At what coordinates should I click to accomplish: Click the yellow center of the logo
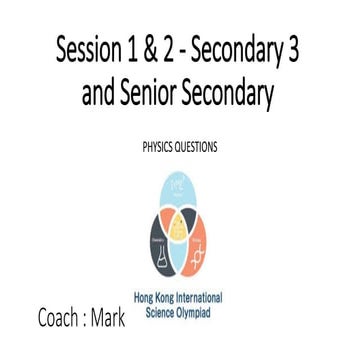[x=180, y=228]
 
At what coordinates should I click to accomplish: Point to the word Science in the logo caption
[x=164, y=311]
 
